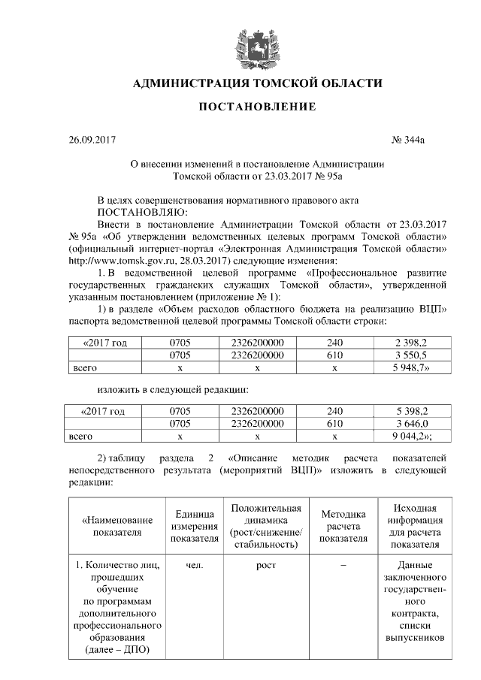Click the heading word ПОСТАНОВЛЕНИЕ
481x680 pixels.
click(x=256, y=107)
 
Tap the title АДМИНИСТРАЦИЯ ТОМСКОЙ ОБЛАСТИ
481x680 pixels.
click(x=256, y=82)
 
